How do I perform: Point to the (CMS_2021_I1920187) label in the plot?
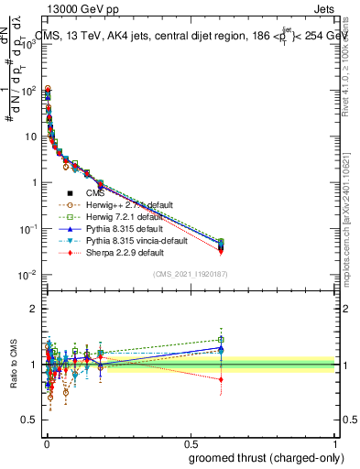coord(190,274)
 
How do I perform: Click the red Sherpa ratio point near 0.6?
coord(220,379)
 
